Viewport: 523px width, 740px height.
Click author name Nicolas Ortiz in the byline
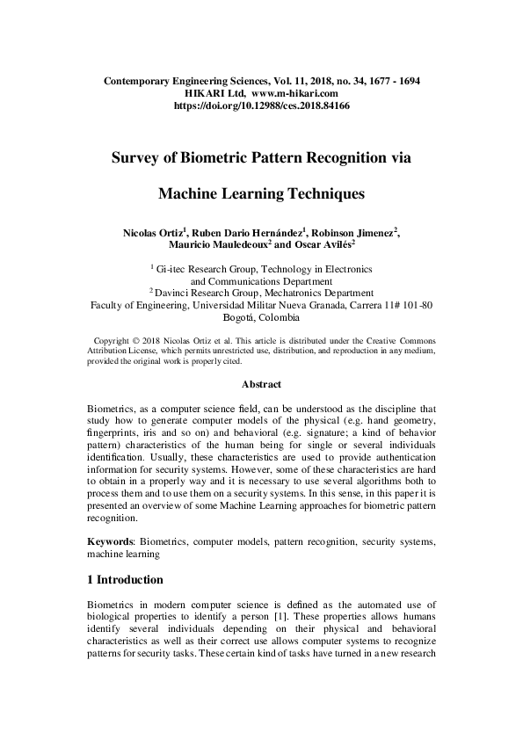tap(155, 233)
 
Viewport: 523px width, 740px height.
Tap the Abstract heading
tap(261, 384)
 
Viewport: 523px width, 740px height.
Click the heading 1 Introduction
tap(125, 580)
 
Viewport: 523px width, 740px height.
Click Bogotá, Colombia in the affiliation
tap(262, 317)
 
